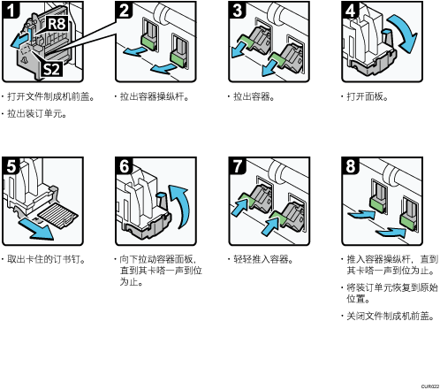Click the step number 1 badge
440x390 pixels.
[11, 10]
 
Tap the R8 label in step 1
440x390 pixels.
[57, 24]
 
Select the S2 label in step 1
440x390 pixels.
[51, 69]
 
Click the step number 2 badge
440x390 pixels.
[124, 10]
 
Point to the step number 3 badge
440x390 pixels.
[237, 10]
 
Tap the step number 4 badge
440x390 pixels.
[350, 10]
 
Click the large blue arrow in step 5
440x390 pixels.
[36, 229]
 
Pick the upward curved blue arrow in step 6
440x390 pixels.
[183, 206]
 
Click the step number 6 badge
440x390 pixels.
[124, 165]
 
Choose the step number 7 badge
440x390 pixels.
[237, 165]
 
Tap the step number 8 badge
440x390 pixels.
[350, 165]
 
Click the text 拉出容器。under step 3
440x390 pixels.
[254, 96]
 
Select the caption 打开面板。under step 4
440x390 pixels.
[368, 96]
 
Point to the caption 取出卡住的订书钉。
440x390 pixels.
[47, 259]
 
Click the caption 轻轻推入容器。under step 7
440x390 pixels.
[263, 259]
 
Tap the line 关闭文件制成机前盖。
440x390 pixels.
[391, 316]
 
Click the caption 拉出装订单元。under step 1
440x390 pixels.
[37, 113]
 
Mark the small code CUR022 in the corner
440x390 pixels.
[430, 386]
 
